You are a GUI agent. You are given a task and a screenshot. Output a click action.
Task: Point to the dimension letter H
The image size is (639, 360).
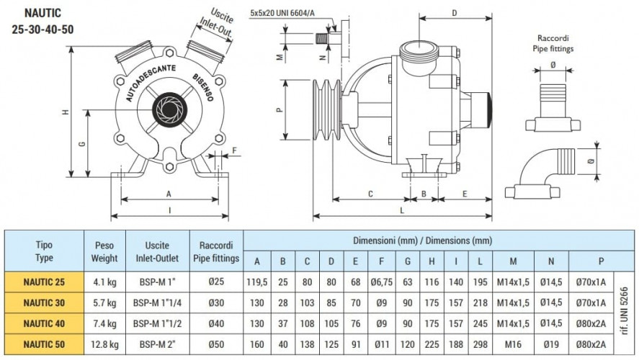click(66, 113)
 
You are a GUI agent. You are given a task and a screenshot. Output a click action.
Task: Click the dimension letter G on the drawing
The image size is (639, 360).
click(82, 143)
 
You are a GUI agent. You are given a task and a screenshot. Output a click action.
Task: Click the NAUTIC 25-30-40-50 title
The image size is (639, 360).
click(43, 22)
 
